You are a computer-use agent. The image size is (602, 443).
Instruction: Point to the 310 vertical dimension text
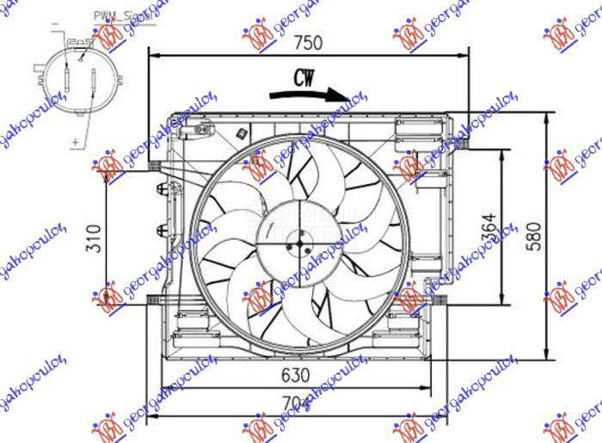pyautogui.click(x=94, y=237)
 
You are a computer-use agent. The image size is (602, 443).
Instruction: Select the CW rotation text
pyautogui.click(x=303, y=78)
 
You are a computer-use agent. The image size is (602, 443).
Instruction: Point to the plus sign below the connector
pyautogui.click(x=75, y=139)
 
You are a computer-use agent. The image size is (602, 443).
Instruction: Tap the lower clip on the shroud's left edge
pyautogui.click(x=160, y=229)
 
